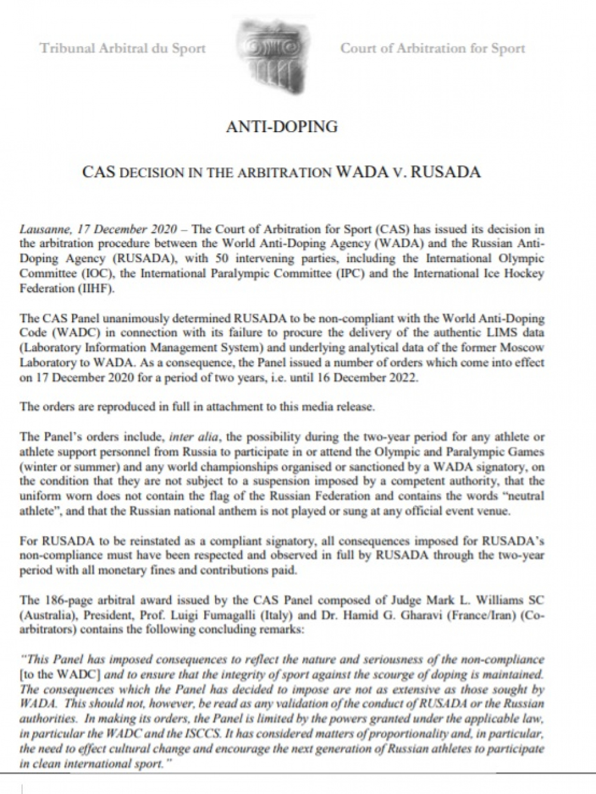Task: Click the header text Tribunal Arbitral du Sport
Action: pos(123,48)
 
